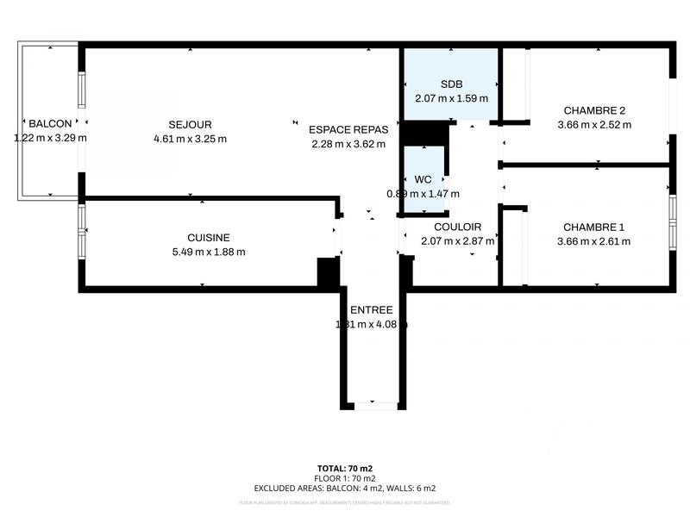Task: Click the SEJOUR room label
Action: click(190, 125)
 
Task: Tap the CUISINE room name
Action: click(209, 238)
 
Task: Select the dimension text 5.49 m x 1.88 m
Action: click(209, 252)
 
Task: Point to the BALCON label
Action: click(49, 124)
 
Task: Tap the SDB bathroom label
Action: click(451, 84)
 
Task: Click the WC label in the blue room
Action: click(423, 179)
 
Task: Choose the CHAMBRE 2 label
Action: click(593, 110)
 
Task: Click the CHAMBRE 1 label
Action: click(593, 227)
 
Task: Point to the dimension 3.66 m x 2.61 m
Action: click(593, 242)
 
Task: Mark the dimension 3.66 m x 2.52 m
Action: click(593, 125)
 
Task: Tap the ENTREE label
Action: click(371, 310)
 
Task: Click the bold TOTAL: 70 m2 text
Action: click(344, 468)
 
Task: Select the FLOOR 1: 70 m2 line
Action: click(344, 478)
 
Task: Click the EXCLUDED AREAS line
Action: click(344, 489)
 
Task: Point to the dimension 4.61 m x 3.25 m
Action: click(190, 140)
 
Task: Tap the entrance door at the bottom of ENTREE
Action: click(372, 404)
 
